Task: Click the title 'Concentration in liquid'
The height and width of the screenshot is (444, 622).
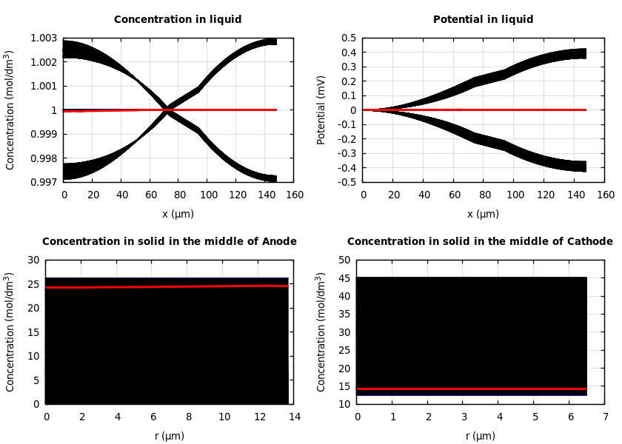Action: click(178, 19)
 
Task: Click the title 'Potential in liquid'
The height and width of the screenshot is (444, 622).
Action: click(483, 19)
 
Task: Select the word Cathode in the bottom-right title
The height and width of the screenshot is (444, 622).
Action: click(589, 241)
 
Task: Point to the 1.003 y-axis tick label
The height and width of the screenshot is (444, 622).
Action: click(44, 38)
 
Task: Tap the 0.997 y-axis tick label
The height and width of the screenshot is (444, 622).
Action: click(44, 182)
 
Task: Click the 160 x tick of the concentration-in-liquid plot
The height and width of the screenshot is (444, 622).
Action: click(294, 195)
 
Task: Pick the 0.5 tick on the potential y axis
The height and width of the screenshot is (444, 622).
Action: click(348, 38)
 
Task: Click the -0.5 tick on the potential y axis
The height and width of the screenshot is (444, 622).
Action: click(346, 182)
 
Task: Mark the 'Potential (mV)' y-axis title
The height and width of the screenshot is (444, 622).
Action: click(321, 110)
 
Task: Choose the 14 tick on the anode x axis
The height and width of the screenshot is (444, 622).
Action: click(294, 417)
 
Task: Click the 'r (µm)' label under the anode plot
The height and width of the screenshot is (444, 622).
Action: click(170, 436)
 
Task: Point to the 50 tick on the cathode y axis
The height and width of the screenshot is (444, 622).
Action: click(343, 260)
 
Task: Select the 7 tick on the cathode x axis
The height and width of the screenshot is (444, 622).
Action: click(605, 417)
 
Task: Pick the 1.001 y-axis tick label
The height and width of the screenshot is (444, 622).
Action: click(44, 86)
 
